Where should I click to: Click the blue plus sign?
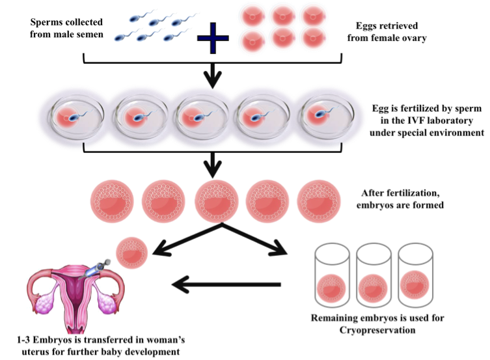pyautogui.click(x=218, y=35)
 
